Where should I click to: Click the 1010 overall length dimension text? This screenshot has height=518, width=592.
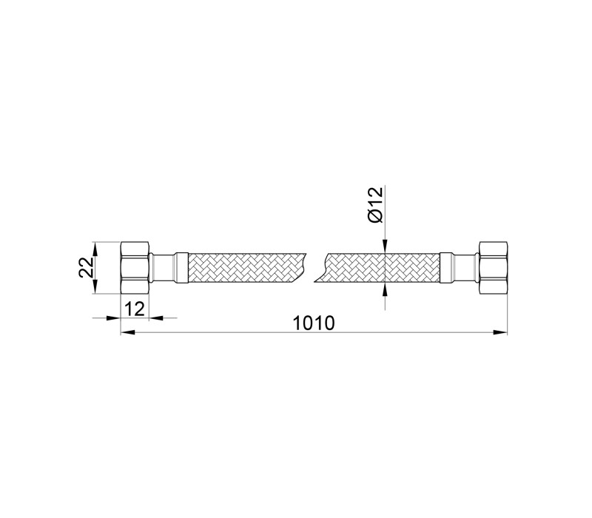[x=314, y=323]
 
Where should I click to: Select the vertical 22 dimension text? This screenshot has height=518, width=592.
[x=87, y=268]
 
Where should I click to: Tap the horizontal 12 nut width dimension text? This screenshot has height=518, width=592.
[x=135, y=309]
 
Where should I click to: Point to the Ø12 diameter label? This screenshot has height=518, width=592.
[x=376, y=205]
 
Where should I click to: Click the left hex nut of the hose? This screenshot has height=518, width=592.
[x=135, y=268]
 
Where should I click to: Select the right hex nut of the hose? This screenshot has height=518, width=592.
[x=493, y=268]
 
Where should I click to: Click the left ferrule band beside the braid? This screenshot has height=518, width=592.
[x=181, y=268]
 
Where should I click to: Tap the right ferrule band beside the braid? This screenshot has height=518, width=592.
[x=446, y=268]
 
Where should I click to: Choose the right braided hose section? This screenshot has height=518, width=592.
[x=377, y=268]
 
